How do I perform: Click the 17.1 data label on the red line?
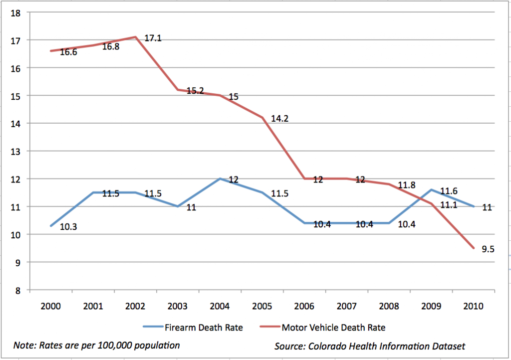[x=152, y=38]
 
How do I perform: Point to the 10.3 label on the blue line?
[x=68, y=227]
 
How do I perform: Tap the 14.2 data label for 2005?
[x=280, y=119]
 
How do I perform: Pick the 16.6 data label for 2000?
[x=68, y=52]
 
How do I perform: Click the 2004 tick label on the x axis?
[x=220, y=306]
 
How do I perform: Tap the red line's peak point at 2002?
[x=135, y=37]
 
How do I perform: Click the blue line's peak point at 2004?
[x=220, y=179]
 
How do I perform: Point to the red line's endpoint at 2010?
[x=474, y=248]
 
